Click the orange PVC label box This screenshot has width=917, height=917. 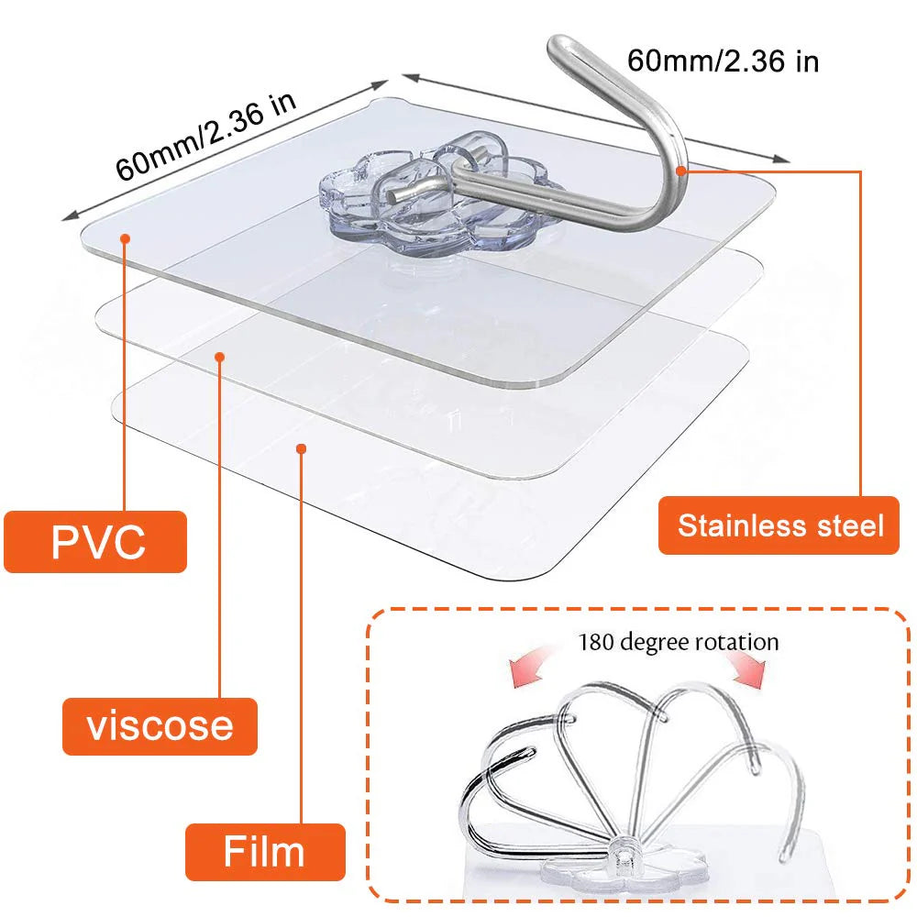tap(95, 542)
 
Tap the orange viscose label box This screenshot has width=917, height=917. tap(160, 725)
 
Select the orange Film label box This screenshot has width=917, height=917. tap(266, 852)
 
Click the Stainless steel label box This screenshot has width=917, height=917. tap(779, 525)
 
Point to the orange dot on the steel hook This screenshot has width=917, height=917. tap(680, 171)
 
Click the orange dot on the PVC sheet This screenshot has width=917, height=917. tap(125, 238)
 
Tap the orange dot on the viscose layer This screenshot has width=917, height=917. tap(220, 357)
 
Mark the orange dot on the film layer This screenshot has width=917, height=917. tap(301, 448)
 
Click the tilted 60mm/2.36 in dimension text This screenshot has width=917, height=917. tap(205, 136)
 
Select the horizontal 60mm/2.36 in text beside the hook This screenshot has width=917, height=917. tap(723, 61)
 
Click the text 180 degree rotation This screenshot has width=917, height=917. tap(679, 642)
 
